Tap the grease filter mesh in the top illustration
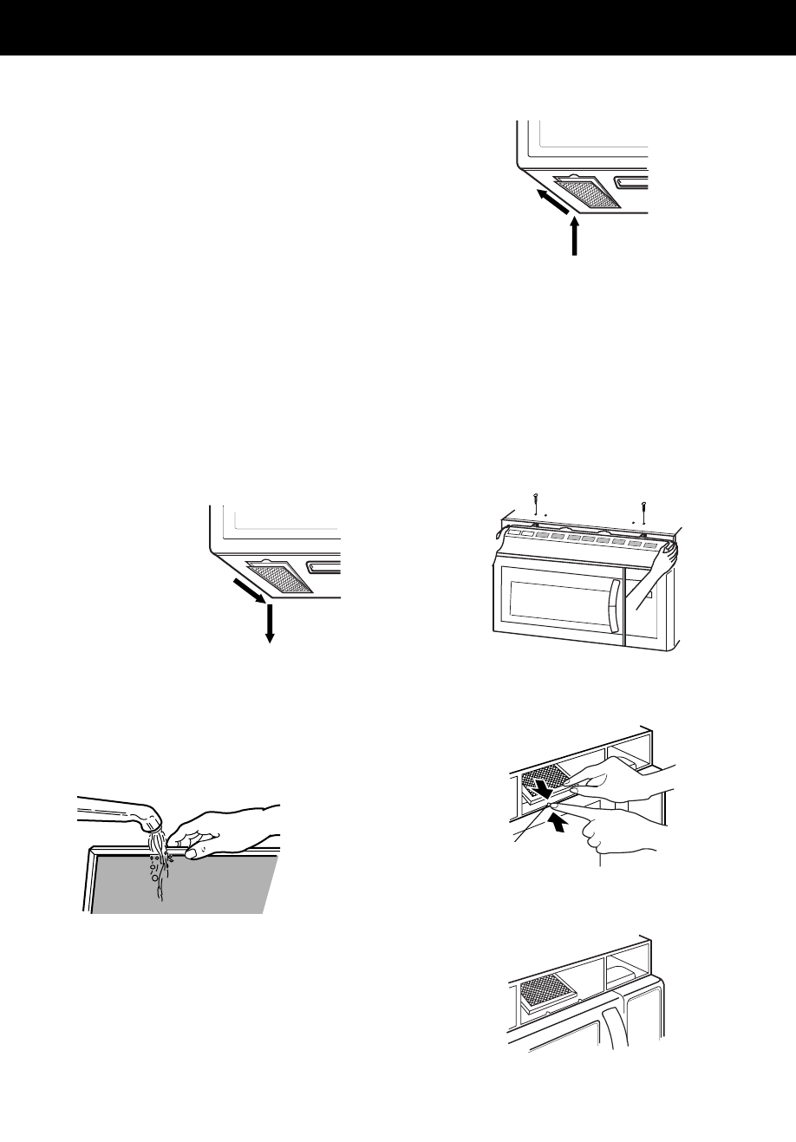coord(588,192)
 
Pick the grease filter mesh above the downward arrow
coord(279,578)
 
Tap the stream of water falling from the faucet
coord(158,858)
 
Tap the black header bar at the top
coord(398,29)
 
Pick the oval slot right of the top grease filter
coord(631,183)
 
